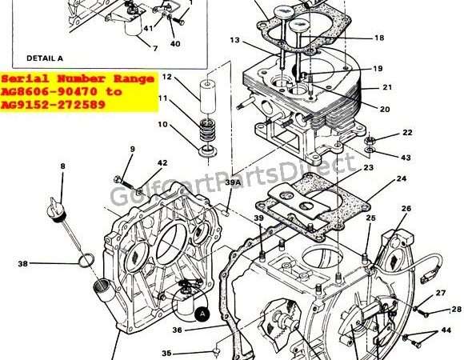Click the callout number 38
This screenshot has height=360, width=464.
[x=22, y=263]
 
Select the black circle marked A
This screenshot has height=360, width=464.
[x=202, y=314]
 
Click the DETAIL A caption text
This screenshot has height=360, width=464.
[x=45, y=58]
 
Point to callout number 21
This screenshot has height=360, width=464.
[x=387, y=87]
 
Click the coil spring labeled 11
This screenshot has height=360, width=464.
[x=207, y=130]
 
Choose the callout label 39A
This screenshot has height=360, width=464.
[x=233, y=183]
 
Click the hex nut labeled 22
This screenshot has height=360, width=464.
[x=369, y=140]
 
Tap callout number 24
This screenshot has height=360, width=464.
[x=402, y=178]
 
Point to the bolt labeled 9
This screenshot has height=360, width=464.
[x=125, y=182]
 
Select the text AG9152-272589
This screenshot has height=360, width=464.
[x=54, y=105]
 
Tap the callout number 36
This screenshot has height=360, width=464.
[x=177, y=330]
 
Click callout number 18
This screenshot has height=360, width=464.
[x=379, y=38]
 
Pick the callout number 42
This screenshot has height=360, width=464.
[x=162, y=163]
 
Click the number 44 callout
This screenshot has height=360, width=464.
[x=446, y=330]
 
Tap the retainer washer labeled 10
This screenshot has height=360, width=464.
[x=208, y=152]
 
